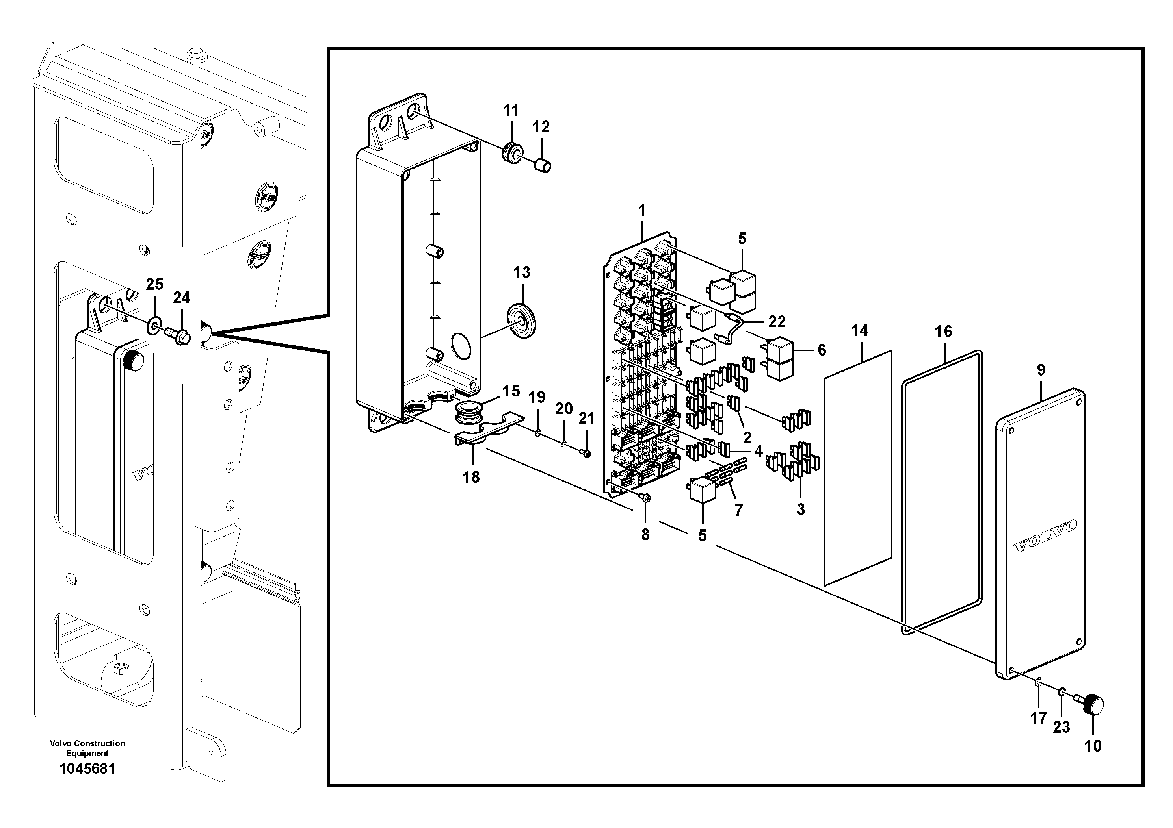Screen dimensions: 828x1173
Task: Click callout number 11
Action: click(510, 111)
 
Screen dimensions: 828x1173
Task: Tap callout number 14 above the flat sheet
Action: click(859, 331)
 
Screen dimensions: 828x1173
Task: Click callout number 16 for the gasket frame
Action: click(943, 332)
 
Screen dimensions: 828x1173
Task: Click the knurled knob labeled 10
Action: click(1093, 706)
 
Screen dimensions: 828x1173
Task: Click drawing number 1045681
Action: click(87, 769)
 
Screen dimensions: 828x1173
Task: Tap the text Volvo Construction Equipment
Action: click(87, 748)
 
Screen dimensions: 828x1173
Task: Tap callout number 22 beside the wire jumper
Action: click(777, 322)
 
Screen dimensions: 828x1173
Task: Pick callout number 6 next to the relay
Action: click(822, 350)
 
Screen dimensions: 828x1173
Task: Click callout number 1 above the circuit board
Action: click(642, 210)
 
